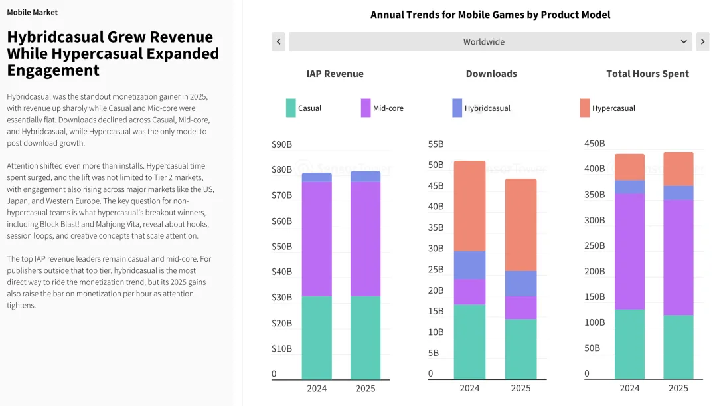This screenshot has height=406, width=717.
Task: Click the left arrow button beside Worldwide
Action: [x=279, y=41]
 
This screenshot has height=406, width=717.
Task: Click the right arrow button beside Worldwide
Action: [x=702, y=41]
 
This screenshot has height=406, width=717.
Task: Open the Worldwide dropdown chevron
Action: [x=684, y=41]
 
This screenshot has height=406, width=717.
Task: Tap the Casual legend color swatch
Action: [x=291, y=108]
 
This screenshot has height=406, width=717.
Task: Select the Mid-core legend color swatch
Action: [x=366, y=108]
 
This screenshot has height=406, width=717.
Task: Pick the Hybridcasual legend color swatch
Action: [x=457, y=108]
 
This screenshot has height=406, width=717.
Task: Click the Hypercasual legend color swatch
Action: [x=584, y=108]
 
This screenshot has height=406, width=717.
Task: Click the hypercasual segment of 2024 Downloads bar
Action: [x=469, y=205]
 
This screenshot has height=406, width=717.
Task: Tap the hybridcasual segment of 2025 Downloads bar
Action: [x=520, y=283]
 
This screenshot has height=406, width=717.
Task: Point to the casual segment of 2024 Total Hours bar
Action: [x=629, y=344]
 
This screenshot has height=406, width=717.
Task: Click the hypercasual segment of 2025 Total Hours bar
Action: [x=678, y=169]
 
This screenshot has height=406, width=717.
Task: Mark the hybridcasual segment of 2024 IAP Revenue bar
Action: [x=317, y=177]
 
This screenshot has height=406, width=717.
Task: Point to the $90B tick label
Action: [x=281, y=144]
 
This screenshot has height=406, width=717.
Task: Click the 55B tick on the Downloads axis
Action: [x=436, y=144]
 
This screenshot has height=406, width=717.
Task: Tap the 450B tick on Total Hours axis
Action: [x=594, y=144]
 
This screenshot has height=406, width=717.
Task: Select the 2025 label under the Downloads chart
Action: [x=520, y=388]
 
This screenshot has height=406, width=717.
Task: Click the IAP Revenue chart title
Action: [x=335, y=74]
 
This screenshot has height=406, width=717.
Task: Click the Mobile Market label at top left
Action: [x=32, y=12]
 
